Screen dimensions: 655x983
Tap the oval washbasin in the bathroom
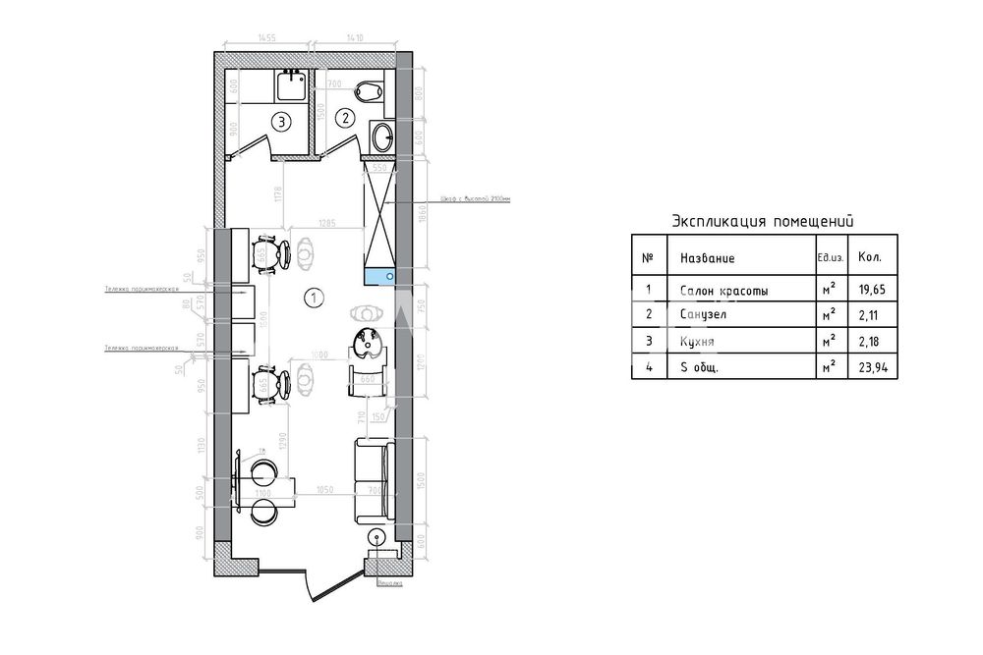point(381,136)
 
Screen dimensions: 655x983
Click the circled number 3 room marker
point(282,123)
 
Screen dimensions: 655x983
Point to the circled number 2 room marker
point(344,119)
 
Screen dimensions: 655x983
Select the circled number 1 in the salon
point(313,296)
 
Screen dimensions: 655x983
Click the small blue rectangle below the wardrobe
point(379,276)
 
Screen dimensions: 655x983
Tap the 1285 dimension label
point(327,225)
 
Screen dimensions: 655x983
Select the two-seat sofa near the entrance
point(373,481)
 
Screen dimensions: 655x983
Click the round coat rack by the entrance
point(376,538)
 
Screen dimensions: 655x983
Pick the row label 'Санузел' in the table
point(704,315)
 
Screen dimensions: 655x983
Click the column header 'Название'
point(707,258)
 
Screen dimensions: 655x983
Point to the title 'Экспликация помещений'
point(762,221)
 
